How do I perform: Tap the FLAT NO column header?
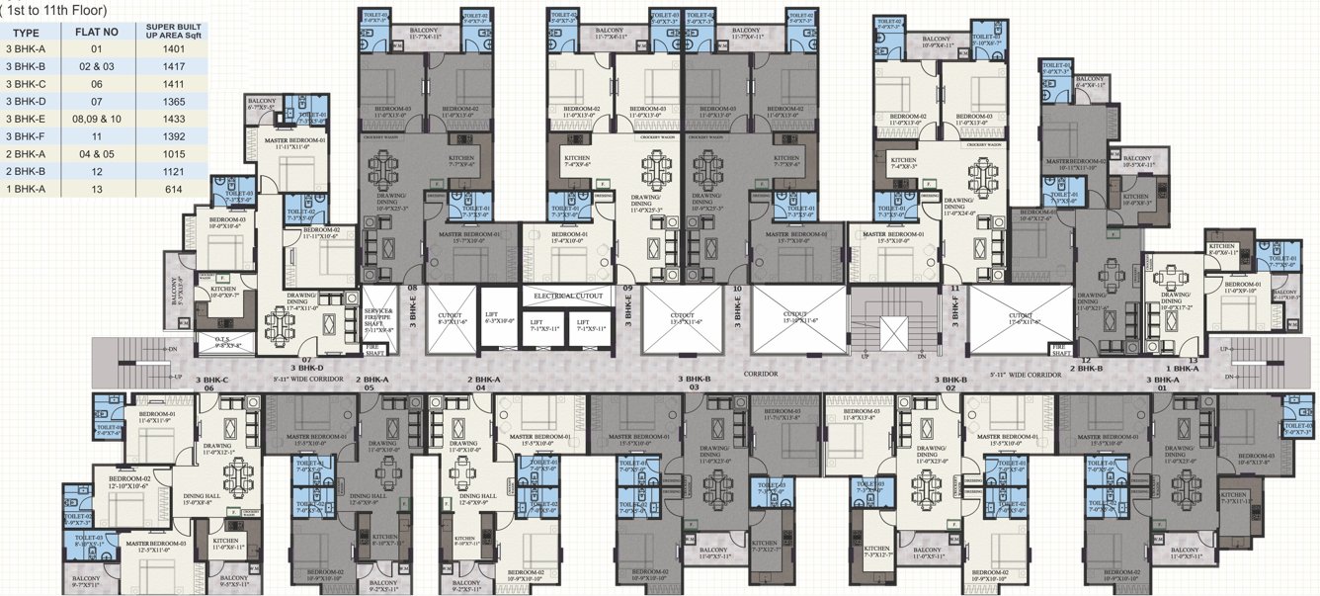pos(97,32)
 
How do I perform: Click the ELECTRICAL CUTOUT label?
pos(568,296)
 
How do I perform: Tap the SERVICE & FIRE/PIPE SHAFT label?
pos(378,313)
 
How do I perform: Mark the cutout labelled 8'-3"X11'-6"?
pos(450,319)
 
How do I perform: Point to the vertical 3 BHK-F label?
pos(955,312)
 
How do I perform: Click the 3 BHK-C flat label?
pos(211,381)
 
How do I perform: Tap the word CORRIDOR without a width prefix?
pos(760,376)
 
